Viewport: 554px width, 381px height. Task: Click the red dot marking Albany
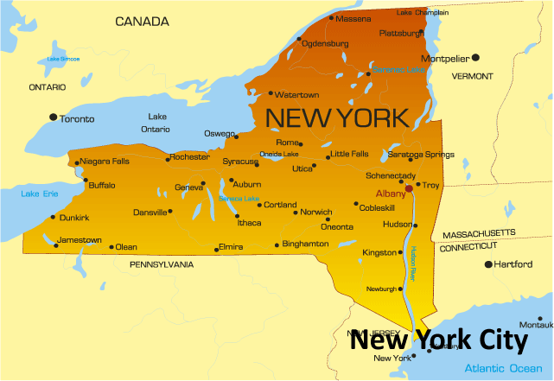pyautogui.click(x=409, y=187)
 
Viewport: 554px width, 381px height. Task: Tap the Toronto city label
pyautogui.click(x=78, y=119)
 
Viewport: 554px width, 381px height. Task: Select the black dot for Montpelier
pyautogui.click(x=475, y=58)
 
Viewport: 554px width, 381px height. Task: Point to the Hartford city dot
pyautogui.click(x=488, y=264)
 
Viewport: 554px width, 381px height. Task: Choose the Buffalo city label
pyautogui.click(x=102, y=185)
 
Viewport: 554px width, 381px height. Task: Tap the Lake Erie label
pyautogui.click(x=40, y=193)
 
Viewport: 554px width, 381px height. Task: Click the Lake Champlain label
pyautogui.click(x=423, y=13)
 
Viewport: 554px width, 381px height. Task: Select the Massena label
pyautogui.click(x=353, y=19)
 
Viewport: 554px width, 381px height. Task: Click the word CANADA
pyautogui.click(x=143, y=21)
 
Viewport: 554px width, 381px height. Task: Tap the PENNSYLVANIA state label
pyautogui.click(x=162, y=264)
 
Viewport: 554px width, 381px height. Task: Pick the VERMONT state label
pyautogui.click(x=472, y=76)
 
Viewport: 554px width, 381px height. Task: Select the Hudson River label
pyautogui.click(x=414, y=263)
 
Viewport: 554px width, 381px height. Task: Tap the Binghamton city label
pyautogui.click(x=305, y=244)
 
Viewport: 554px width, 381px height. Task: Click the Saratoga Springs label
pyautogui.click(x=420, y=155)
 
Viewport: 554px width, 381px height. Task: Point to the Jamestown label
pyautogui.click(x=80, y=240)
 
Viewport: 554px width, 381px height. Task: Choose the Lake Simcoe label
pyautogui.click(x=63, y=59)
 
